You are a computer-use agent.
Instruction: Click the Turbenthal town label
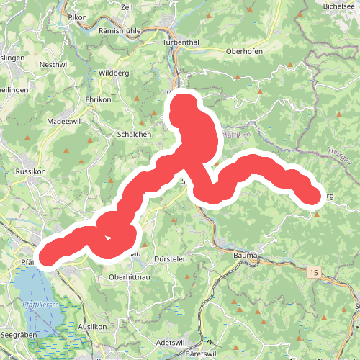[x=180, y=42]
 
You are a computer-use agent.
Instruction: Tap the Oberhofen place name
[x=245, y=52]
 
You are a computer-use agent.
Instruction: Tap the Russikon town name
[x=30, y=172]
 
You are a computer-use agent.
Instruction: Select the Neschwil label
[x=54, y=64]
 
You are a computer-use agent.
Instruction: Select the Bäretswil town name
[x=201, y=354]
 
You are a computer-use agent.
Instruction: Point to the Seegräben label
[x=19, y=336]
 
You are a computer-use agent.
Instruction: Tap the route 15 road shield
[x=313, y=273]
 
